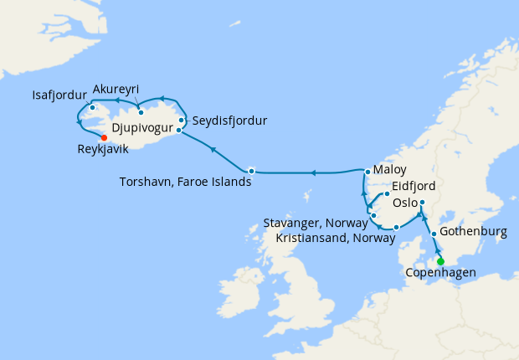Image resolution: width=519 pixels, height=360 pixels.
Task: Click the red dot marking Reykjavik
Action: (104, 138)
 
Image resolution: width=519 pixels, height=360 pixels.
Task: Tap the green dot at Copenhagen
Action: (440, 261)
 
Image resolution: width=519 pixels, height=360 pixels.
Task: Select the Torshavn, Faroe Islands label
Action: (185, 181)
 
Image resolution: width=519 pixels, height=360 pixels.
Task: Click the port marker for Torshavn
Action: (251, 171)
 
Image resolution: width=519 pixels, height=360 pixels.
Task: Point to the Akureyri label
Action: (116, 90)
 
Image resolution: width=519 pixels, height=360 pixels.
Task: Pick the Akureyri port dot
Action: (141, 112)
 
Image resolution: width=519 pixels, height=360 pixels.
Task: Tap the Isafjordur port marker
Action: (92, 108)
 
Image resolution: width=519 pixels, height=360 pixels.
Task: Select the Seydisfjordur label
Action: (229, 121)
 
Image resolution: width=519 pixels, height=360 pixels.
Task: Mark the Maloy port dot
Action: (367, 172)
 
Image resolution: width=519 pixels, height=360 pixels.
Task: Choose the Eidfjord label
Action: (413, 185)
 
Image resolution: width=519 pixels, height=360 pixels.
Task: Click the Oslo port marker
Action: (422, 203)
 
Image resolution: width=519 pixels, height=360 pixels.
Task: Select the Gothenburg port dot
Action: (434, 234)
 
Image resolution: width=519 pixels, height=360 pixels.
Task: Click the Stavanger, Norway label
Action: (315, 223)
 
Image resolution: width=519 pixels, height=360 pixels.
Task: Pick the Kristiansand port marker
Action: (396, 227)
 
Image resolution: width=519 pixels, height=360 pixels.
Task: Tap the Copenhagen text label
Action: (440, 273)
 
